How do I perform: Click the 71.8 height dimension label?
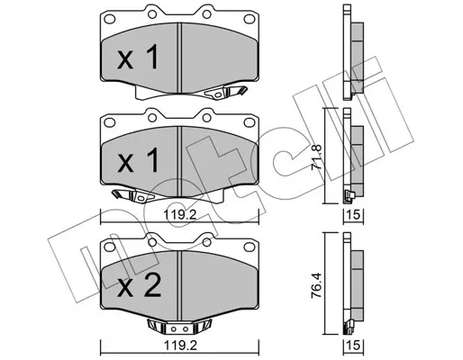click(x=318, y=157)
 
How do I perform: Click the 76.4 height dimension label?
click(x=318, y=284)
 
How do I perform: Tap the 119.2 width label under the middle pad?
click(x=179, y=215)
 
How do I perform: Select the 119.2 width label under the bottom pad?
click(x=179, y=346)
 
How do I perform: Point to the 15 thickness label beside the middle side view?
click(x=353, y=215)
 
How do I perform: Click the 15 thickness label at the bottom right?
click(x=353, y=346)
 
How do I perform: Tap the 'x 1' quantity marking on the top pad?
click(x=138, y=57)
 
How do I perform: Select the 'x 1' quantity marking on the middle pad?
click(x=138, y=160)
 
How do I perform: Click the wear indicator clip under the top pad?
click(x=225, y=92)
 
